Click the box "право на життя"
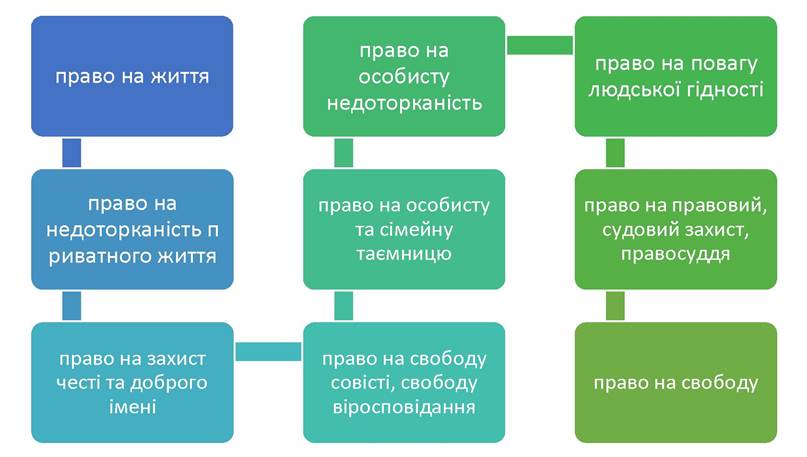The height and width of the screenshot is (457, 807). point(132,76)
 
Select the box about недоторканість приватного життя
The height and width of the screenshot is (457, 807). point(132,229)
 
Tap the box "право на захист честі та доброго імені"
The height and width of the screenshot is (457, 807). point(132,382)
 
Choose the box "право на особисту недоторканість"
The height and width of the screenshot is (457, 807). point(404,76)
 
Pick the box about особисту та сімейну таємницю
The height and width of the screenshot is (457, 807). point(404,229)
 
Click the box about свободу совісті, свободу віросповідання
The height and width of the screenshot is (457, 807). point(404,382)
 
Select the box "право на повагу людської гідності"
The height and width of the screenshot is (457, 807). point(676,76)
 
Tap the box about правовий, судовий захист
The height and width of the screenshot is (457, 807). point(676,229)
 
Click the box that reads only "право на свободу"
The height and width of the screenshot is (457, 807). point(676,382)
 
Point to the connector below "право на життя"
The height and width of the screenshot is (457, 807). point(72,153)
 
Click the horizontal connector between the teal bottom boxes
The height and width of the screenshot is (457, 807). point(268,351)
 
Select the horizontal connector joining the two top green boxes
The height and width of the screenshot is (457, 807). point(540,45)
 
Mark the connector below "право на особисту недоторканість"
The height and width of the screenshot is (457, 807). point(343,153)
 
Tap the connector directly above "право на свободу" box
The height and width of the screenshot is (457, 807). point(615,306)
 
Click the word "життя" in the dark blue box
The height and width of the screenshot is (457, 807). point(180,77)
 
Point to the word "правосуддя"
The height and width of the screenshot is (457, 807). point(675,254)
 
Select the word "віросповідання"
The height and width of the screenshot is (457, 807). point(404,407)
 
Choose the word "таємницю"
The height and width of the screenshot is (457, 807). point(404,254)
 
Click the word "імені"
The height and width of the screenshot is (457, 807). point(132,407)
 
